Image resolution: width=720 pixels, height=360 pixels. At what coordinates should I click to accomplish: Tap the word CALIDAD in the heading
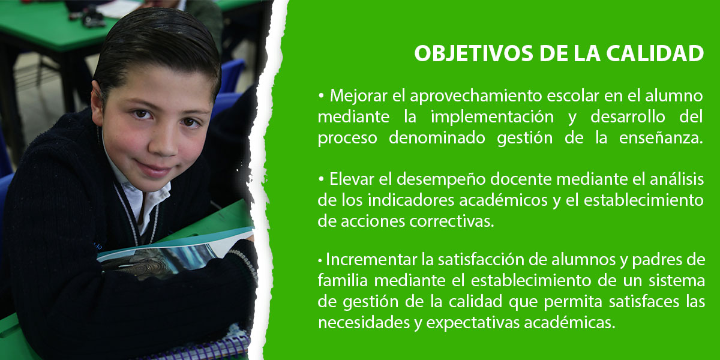[655, 53]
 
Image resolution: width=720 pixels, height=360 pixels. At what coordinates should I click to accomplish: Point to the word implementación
[492, 116]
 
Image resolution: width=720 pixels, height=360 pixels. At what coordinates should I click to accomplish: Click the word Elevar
[352, 179]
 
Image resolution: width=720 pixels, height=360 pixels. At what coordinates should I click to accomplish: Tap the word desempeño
[442, 179]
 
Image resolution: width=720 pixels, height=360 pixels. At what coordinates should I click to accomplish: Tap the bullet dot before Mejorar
[321, 96]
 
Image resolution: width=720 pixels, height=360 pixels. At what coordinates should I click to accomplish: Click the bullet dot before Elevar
[321, 179]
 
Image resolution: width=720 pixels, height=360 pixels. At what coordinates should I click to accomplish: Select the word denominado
[437, 138]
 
